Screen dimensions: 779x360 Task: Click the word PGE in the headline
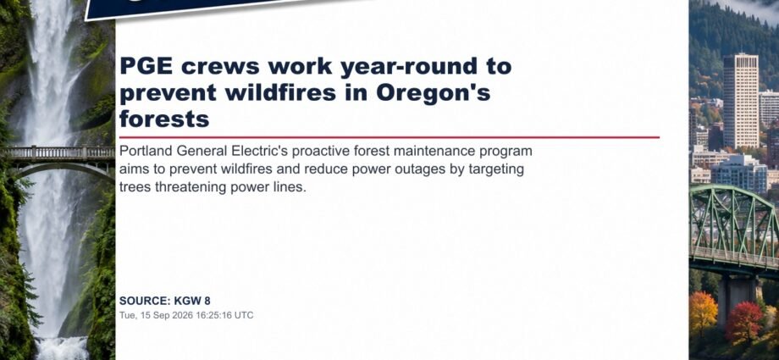tap(146, 66)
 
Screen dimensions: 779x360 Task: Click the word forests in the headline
tap(164, 119)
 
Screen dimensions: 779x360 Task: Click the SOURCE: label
tap(145, 301)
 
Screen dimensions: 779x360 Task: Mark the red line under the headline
tap(389, 136)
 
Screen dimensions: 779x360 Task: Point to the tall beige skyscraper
tap(740, 100)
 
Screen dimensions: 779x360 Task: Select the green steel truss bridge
tap(734, 229)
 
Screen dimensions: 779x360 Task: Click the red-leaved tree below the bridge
tap(743, 322)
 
